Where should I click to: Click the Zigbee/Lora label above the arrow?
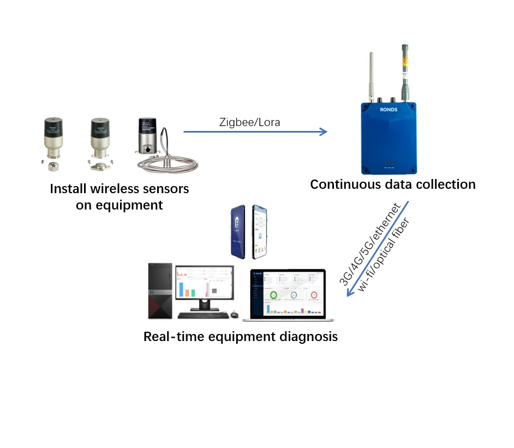coord(250,122)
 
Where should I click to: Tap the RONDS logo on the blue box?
coord(389,109)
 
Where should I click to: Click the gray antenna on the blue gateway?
coord(405,71)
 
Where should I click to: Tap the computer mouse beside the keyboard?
coord(234,314)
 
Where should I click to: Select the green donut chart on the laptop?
coord(273,295)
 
